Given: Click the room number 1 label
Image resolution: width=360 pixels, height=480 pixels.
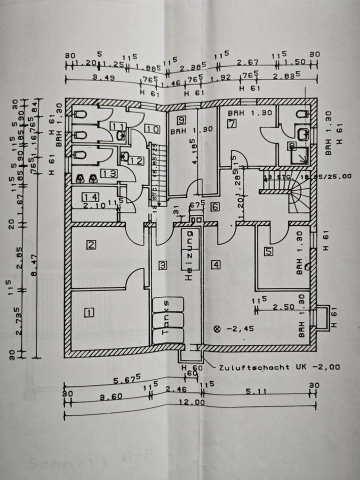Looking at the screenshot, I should coord(88,313).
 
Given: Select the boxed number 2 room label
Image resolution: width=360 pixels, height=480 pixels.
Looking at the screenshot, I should coord(91,245).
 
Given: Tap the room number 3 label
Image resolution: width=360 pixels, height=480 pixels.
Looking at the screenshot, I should coord(162,265).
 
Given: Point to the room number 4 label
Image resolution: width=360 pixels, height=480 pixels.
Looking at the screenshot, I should coord(216,265).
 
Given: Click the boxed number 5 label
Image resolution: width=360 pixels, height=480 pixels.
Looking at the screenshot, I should coord(269,252).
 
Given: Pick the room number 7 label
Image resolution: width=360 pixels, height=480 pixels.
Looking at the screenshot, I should coord(231,124).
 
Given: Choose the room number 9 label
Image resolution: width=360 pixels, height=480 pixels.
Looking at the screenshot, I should coord(181,119).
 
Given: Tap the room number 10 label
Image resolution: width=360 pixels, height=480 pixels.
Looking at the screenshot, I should coord(152,129).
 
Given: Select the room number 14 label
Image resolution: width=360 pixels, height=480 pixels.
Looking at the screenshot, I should coord(90,197).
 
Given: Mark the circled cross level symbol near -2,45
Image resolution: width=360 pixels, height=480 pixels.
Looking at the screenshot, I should coord(216,329).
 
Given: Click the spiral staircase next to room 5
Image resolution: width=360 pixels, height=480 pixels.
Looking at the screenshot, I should coord(299,195).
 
